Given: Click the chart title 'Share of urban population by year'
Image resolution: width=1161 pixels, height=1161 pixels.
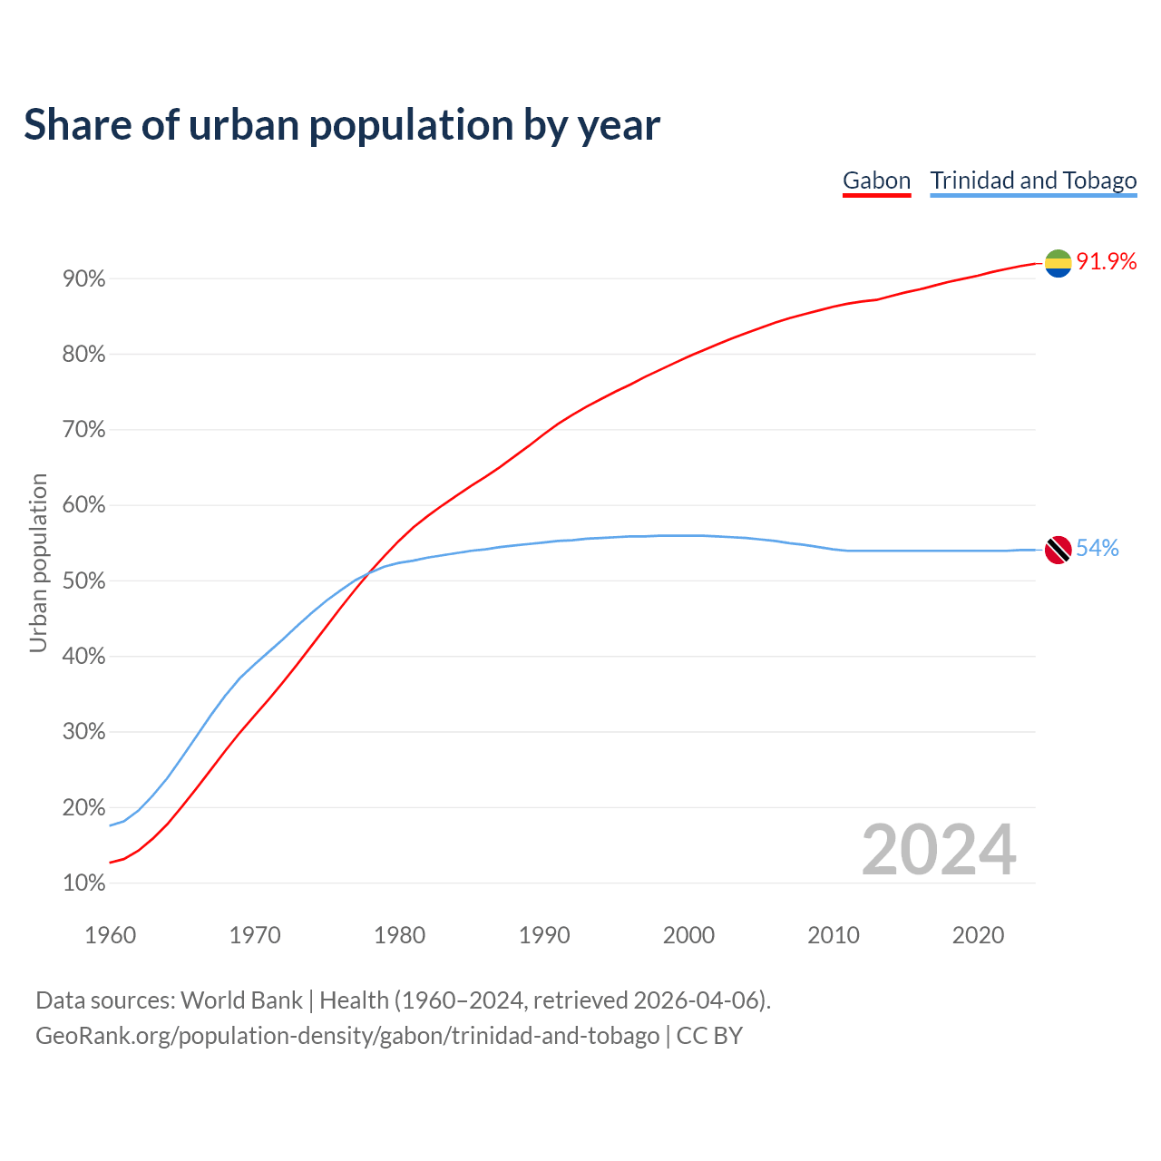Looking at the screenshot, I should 342,125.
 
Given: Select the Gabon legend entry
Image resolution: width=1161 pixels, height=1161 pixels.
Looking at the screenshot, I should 876,180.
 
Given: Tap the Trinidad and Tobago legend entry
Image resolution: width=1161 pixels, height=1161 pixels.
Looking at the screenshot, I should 1033,180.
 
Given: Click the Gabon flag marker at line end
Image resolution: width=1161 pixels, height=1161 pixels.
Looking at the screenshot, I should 1058,263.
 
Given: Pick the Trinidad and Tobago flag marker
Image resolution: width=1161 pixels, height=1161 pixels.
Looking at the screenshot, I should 1058,550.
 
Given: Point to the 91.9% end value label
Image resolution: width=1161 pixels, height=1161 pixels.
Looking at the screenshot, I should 1107,262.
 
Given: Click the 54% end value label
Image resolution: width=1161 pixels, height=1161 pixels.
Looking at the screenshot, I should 1098,549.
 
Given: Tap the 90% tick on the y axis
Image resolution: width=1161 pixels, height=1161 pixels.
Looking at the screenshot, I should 84,279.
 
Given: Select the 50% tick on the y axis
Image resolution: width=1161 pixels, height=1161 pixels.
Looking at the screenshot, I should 84,581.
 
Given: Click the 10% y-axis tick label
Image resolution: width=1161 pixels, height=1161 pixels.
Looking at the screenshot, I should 84,883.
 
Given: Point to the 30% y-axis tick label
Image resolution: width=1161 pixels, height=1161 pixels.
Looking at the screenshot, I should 84,732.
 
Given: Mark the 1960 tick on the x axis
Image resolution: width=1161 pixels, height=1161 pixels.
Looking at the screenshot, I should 110,935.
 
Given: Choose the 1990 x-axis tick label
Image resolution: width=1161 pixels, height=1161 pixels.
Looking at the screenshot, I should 544,935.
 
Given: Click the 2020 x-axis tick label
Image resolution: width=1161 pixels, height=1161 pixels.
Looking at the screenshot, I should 978,935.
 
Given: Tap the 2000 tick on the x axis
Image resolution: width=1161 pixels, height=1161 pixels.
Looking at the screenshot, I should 688,935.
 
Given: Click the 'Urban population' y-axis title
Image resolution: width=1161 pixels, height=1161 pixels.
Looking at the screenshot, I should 38,563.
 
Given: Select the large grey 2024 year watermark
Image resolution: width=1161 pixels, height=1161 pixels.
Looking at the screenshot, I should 939,851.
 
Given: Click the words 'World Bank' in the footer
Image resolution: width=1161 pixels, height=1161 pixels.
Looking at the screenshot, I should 241,1000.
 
